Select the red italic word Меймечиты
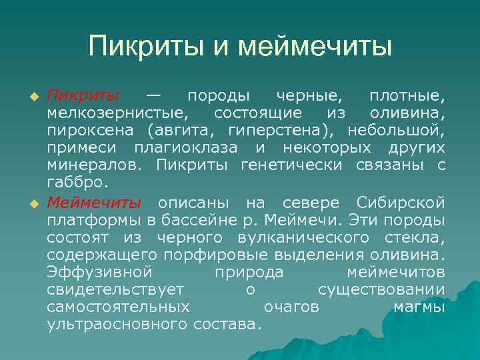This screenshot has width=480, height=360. click(93, 203)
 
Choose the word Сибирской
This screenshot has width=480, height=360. click(401, 203)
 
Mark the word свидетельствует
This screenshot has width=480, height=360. click(115, 289)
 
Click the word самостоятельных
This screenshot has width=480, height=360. click(118, 307)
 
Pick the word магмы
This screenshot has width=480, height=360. click(419, 307)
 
